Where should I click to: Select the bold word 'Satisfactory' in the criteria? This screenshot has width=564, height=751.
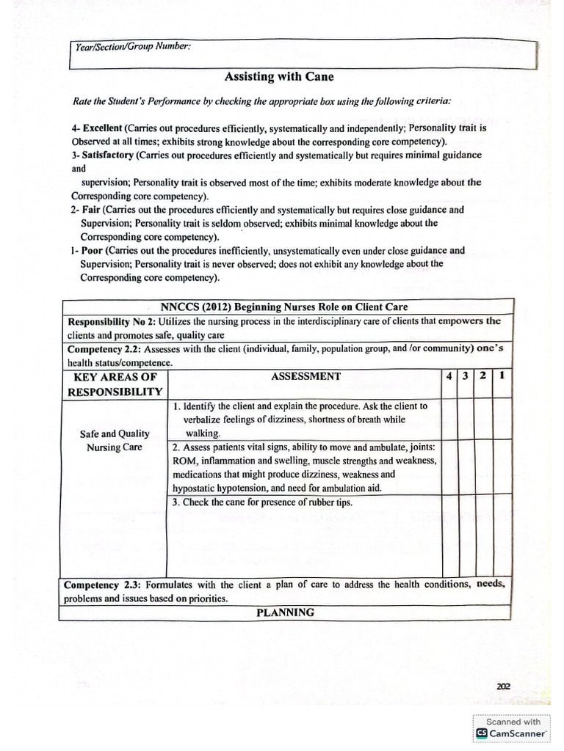tap(107, 155)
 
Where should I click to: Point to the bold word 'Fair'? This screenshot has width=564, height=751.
tap(93, 210)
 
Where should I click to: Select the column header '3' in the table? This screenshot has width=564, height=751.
tap(465, 376)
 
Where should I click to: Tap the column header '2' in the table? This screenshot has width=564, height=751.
tap(482, 376)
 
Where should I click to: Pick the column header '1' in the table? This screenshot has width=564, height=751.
tap(501, 376)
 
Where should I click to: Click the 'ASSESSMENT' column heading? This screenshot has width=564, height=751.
tap(305, 377)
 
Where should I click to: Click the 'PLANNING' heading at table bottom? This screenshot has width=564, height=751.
tap(285, 612)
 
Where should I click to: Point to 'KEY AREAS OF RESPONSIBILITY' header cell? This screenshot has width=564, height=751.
tap(115, 384)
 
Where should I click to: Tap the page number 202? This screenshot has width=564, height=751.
tap(503, 686)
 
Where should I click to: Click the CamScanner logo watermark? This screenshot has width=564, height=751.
tap(482, 733)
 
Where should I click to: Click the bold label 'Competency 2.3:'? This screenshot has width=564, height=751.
tap(102, 585)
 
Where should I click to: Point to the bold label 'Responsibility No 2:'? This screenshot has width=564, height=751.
tap(112, 321)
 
